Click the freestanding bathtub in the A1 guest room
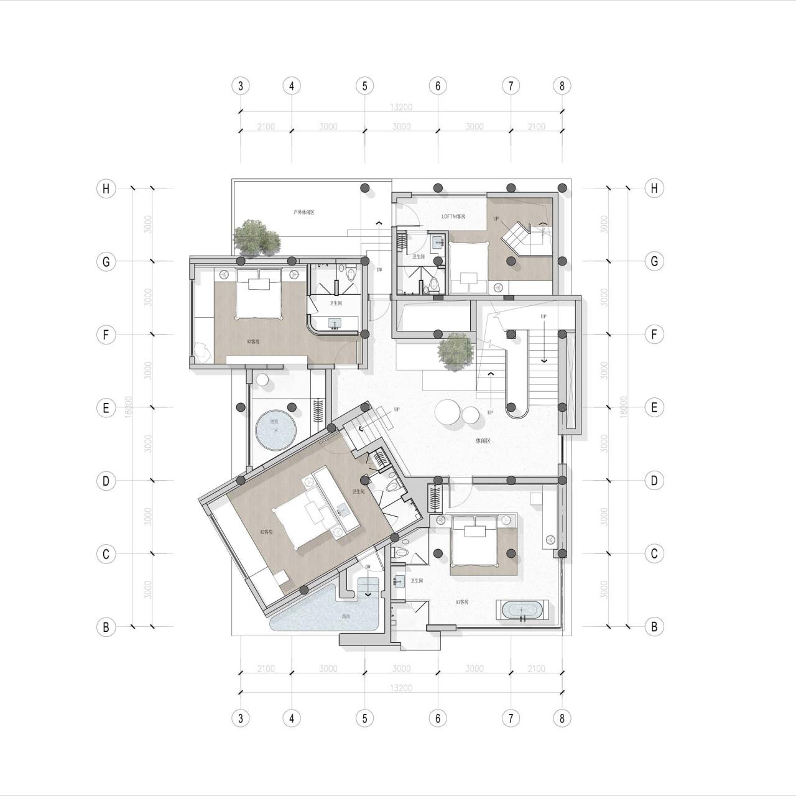coord(521,611)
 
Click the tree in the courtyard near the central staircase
coord(455,351)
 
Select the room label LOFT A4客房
coord(453,216)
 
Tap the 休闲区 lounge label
coord(483,441)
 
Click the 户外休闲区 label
coord(303,213)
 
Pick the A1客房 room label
coord(462,602)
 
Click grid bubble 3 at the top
coord(241,86)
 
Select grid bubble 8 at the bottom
coord(562,718)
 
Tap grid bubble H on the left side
coord(106,188)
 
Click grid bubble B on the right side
coord(654,627)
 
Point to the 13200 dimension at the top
coord(401,107)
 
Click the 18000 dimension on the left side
coord(128,407)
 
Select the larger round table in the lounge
coord(447,412)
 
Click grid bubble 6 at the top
coord(438,86)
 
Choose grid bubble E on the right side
coord(654,407)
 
